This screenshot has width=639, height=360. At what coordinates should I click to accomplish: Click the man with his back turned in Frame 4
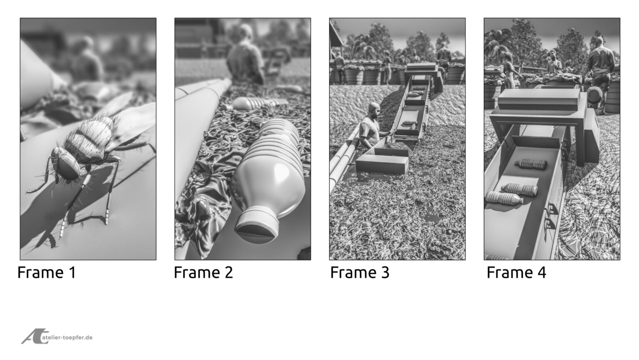[x=600, y=67]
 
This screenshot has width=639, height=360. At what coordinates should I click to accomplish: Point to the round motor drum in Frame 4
[x=595, y=97]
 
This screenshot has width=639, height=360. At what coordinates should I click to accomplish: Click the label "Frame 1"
[x=47, y=273]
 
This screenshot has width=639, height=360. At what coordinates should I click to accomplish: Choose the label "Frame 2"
[x=203, y=273]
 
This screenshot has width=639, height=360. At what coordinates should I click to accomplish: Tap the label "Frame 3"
[x=360, y=273]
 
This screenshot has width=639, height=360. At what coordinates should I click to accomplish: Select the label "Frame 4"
[x=516, y=273]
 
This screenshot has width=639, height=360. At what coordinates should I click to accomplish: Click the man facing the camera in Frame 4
[x=553, y=62]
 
